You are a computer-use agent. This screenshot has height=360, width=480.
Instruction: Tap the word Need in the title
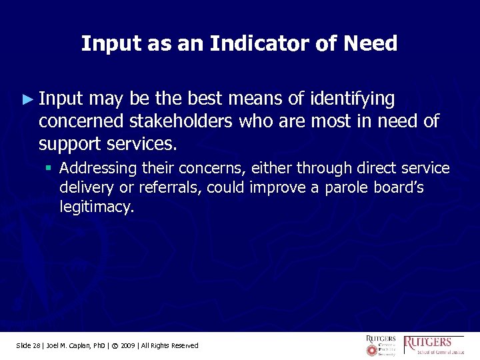[371, 44]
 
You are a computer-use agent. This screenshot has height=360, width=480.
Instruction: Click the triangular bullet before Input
[27, 99]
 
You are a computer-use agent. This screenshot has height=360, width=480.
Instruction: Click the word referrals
[170, 188]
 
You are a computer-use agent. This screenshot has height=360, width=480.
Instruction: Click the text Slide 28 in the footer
[28, 345]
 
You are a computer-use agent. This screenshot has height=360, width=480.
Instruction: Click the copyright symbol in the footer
[115, 345]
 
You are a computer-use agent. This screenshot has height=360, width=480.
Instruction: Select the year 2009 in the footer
[129, 345]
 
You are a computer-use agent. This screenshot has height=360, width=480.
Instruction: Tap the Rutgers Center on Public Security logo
[380, 345]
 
